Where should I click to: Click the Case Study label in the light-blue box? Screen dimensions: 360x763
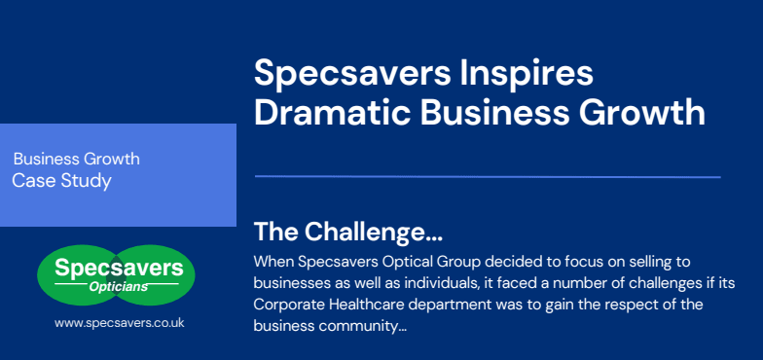pyautogui.click(x=61, y=180)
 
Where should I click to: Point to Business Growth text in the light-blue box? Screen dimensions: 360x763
pyautogui.click(x=77, y=159)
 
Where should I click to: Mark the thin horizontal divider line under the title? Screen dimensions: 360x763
pyautogui.click(x=487, y=177)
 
